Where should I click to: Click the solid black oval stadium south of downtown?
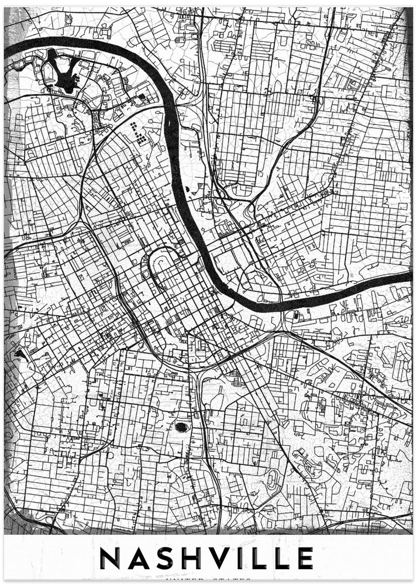click(182, 427)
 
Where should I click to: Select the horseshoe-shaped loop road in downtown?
click(161, 266)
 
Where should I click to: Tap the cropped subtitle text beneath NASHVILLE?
click(208, 580)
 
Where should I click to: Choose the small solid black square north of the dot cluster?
click(141, 96)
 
